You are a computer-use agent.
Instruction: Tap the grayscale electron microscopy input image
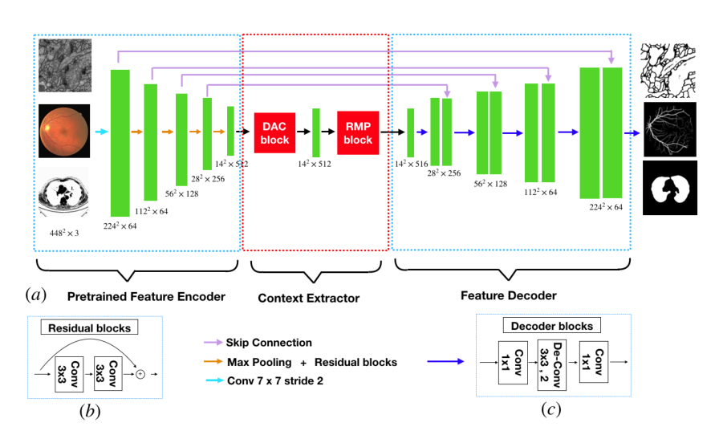click(65, 64)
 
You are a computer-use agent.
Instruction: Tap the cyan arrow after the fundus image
click(101, 131)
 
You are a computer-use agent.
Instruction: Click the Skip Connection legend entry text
click(269, 343)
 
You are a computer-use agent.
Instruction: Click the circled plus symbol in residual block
click(140, 374)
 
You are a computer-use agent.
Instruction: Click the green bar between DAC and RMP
click(316, 132)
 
